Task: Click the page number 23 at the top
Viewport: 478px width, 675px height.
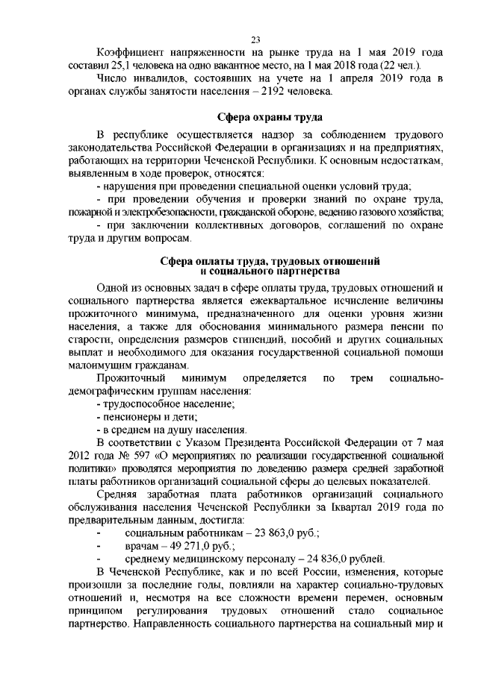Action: (x=255, y=40)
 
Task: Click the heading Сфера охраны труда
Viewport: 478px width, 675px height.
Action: (x=270, y=118)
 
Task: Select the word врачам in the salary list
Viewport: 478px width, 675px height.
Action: (x=141, y=547)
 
